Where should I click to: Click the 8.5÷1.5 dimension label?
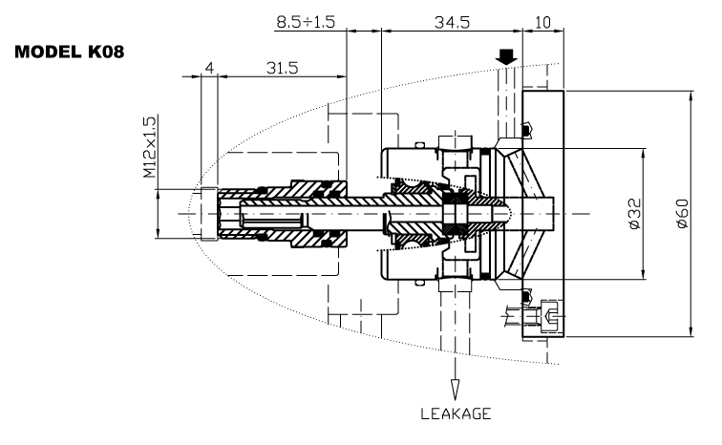pyautogui.click(x=305, y=21)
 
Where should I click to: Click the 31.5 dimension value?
pyautogui.click(x=280, y=68)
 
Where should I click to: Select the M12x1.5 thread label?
pyautogui.click(x=149, y=148)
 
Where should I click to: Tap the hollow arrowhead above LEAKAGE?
pyautogui.click(x=455, y=391)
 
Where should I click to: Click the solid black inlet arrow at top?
pyautogui.click(x=507, y=57)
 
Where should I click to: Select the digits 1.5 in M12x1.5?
pyautogui.click(x=149, y=128)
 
